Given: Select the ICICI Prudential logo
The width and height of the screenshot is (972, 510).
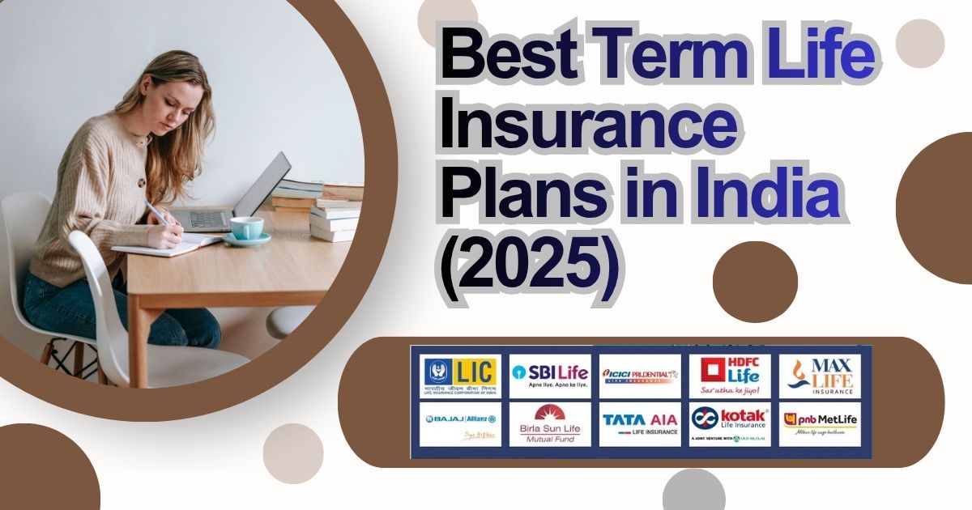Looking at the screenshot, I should point(640,375).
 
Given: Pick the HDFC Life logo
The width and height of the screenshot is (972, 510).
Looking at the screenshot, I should point(730,375).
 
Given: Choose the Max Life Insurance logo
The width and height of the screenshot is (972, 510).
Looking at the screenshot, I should point(820,375).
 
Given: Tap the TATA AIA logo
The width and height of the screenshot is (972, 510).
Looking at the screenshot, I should point(640,423).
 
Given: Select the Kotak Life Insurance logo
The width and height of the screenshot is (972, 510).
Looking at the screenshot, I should point(730,423).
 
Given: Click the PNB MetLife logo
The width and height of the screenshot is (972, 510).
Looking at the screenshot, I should point(820,423).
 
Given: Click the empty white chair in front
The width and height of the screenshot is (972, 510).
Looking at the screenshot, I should point(122,316).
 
